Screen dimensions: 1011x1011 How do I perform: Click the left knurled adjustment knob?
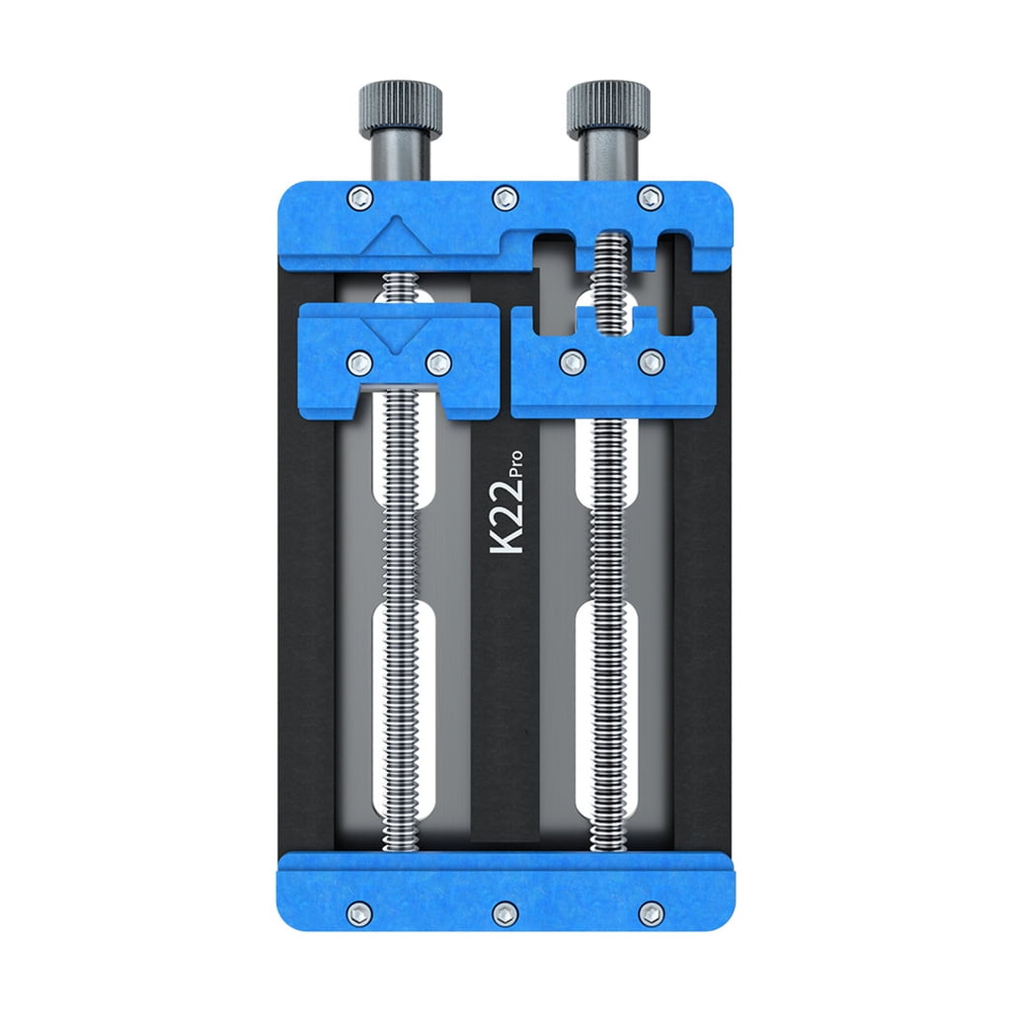tap(401, 109)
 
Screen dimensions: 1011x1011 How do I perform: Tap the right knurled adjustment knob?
tap(608, 109)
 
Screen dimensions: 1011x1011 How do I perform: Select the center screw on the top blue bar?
tap(505, 196)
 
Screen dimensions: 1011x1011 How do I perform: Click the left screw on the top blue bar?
tap(360, 196)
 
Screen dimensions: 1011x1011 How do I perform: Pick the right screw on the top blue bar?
tap(650, 196)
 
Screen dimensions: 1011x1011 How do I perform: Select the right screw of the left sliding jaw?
tap(437, 361)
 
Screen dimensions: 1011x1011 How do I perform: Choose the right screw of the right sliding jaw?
tap(650, 362)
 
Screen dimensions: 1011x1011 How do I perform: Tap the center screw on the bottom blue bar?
tap(505, 912)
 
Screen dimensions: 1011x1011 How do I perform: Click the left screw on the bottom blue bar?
tap(360, 912)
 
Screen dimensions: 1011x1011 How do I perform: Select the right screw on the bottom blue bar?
tap(650, 912)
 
